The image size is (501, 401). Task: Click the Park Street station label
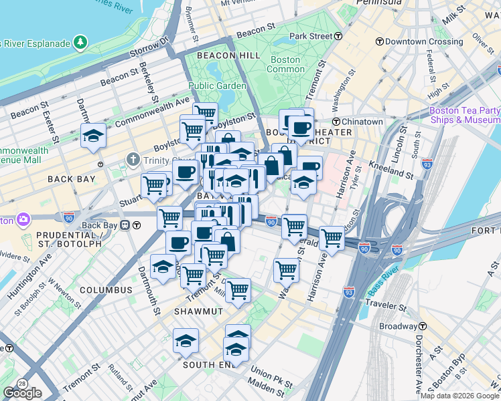[x=311, y=35]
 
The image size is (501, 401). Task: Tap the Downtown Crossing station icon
[x=380, y=41]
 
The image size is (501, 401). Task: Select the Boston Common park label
[x=285, y=64]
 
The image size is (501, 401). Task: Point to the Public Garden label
[x=217, y=86]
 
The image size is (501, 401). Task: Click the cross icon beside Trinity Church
[x=133, y=160]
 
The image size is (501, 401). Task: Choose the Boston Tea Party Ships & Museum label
[x=464, y=115]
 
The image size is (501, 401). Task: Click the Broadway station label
[x=398, y=326]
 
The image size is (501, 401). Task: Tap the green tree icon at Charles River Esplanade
[x=80, y=43]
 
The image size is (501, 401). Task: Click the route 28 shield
[x=23, y=384]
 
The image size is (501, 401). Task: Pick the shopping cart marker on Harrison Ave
[x=332, y=237]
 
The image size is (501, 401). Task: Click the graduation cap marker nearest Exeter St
[x=93, y=136]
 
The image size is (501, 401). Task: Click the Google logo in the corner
[x=22, y=393]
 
